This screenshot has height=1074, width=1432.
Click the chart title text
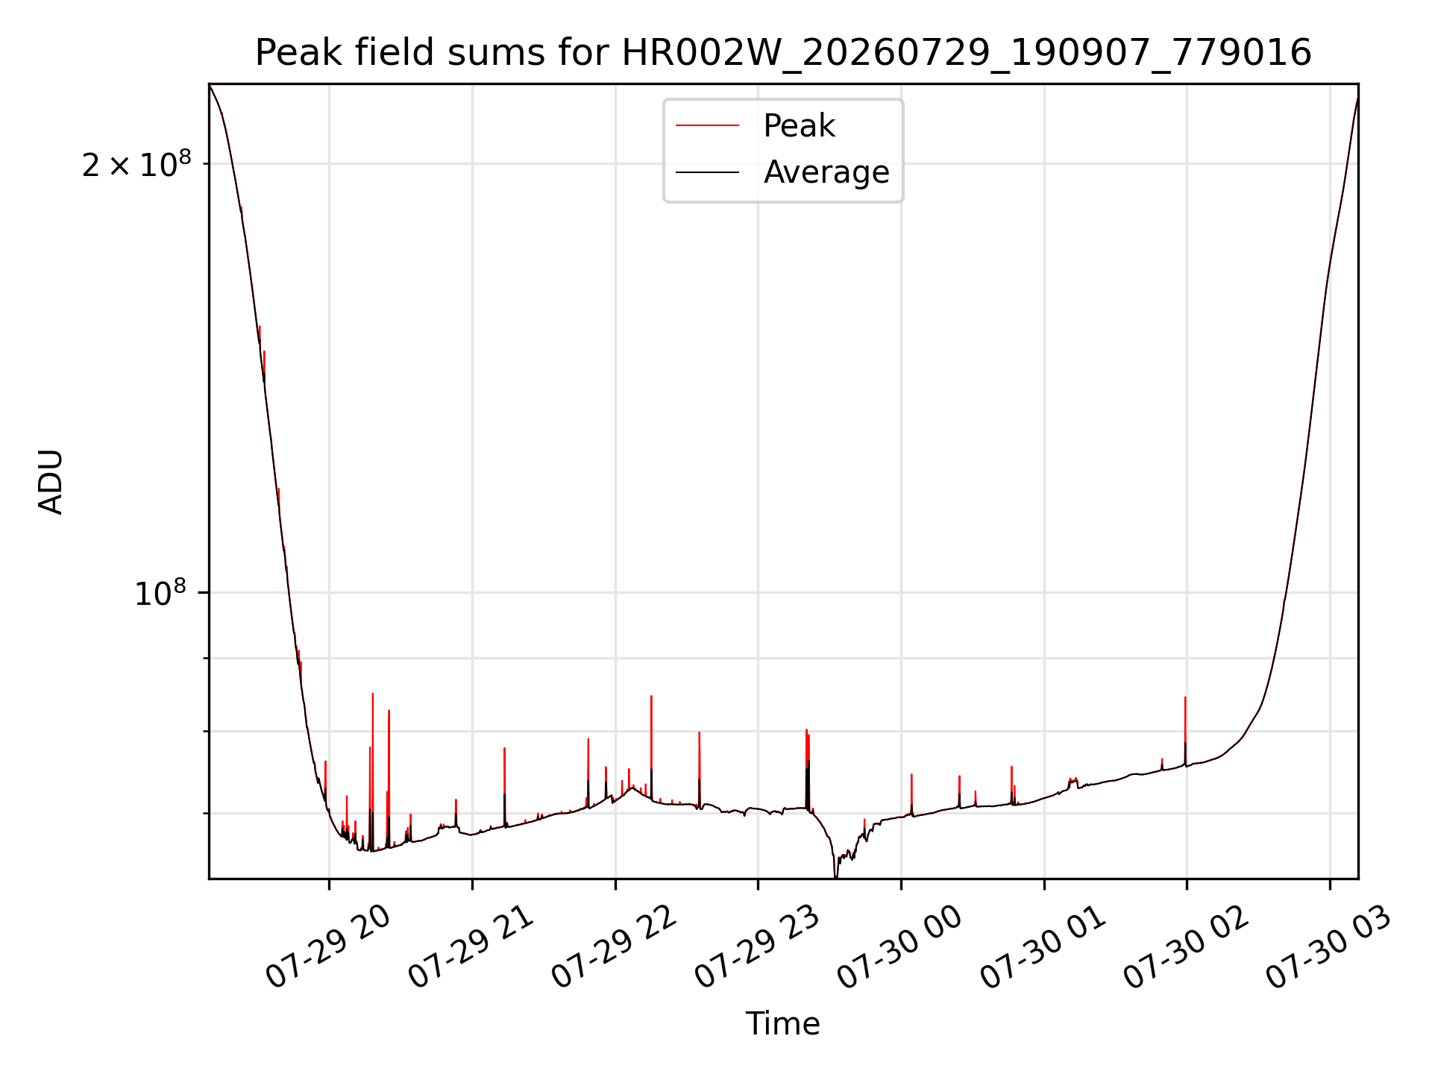tap(783, 53)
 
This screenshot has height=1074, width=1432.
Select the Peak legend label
tap(799, 126)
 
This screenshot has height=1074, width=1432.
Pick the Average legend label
tap(826, 172)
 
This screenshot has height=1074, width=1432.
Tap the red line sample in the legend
tap(707, 126)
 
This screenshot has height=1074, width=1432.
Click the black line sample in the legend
tap(707, 172)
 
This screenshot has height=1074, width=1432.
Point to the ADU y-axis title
tap(51, 482)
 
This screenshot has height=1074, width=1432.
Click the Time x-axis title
tap(783, 1024)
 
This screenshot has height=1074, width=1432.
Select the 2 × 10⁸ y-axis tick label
tap(136, 164)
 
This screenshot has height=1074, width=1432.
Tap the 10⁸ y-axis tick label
tap(160, 594)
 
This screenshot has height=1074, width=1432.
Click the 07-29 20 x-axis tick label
tap(328, 947)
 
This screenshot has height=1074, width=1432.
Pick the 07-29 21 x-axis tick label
tap(471, 947)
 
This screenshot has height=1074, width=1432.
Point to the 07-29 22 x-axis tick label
tap(614, 947)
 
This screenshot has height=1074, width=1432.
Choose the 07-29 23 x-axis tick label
tap(757, 947)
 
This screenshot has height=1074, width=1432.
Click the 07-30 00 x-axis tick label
tap(900, 947)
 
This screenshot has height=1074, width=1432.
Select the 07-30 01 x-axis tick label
tap(1043, 947)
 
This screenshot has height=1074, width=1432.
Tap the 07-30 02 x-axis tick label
tap(1186, 947)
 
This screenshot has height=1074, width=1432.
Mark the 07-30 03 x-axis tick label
tap(1329, 947)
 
